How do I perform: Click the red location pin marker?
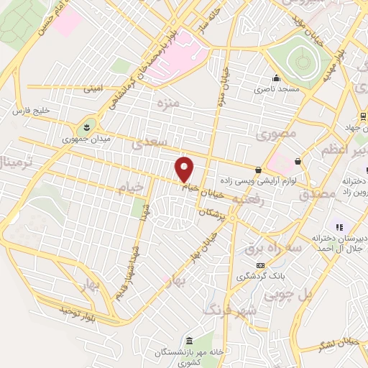coord(185,168)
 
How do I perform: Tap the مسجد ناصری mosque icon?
coord(275,80)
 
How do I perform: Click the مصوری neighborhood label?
coord(270,134)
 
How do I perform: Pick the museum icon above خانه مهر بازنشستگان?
coord(190,340)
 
